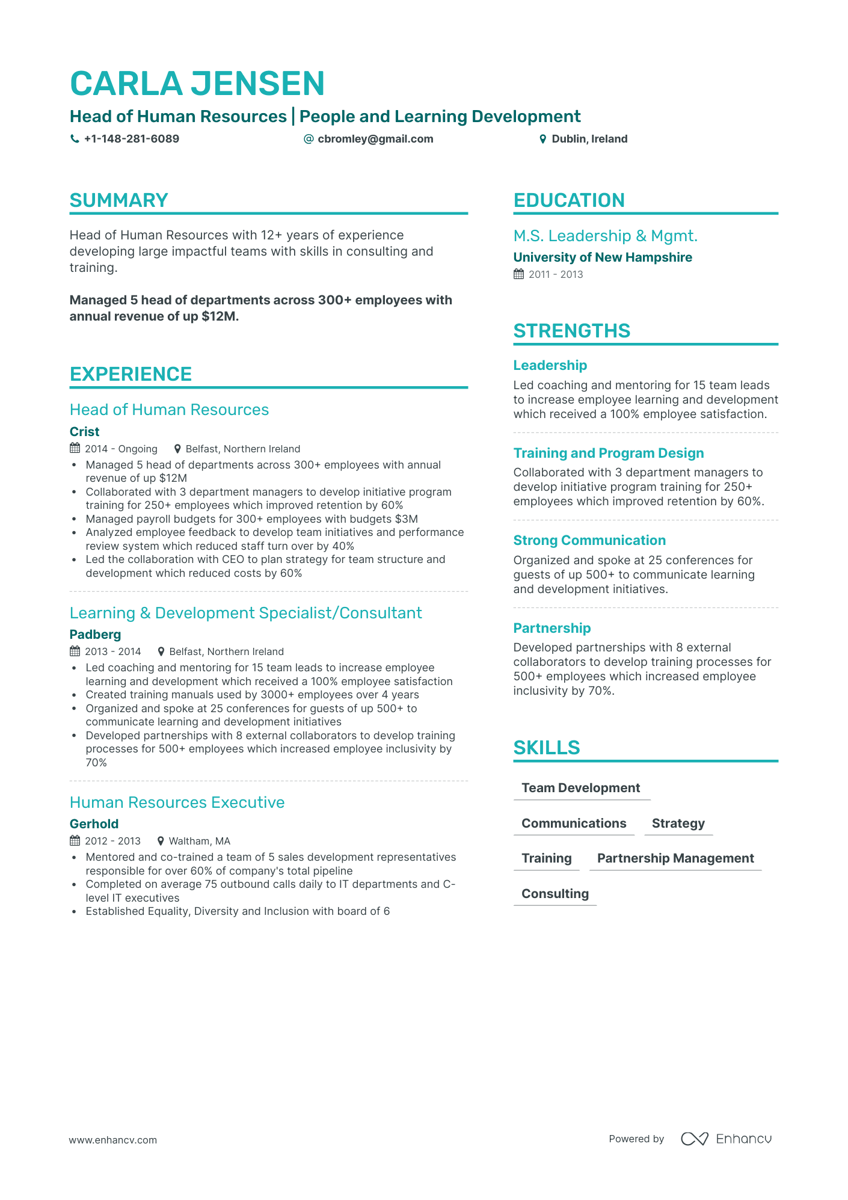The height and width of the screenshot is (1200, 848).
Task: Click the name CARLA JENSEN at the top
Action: click(x=197, y=84)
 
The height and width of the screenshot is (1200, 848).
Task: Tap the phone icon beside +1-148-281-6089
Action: click(x=75, y=139)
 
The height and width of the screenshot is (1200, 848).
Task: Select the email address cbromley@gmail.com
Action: click(x=375, y=139)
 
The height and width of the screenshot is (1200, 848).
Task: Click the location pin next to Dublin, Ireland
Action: click(x=542, y=139)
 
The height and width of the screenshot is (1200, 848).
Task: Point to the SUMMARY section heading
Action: click(x=118, y=200)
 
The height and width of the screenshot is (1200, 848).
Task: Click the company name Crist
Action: click(x=84, y=432)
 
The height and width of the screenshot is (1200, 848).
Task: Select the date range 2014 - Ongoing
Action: click(x=121, y=449)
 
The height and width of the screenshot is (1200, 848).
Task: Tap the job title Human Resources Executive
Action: click(x=177, y=802)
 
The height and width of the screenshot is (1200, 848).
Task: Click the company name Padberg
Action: click(x=95, y=635)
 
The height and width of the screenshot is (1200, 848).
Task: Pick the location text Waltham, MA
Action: click(x=199, y=841)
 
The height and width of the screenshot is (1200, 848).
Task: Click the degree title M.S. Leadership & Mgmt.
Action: click(x=605, y=236)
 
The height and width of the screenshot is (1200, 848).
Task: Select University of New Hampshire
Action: click(x=603, y=257)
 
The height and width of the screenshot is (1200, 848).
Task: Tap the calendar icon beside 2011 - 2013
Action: click(x=518, y=274)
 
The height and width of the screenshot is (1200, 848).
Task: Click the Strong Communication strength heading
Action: click(x=589, y=540)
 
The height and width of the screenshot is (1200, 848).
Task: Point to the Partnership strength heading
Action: click(x=552, y=628)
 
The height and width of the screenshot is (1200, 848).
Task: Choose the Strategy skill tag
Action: click(x=678, y=823)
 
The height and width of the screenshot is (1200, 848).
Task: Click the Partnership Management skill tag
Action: click(x=675, y=858)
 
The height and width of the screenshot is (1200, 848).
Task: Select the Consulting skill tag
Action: click(x=555, y=894)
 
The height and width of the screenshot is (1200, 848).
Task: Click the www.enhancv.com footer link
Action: click(x=112, y=1140)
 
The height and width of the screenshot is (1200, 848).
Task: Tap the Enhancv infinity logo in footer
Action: click(x=694, y=1139)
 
